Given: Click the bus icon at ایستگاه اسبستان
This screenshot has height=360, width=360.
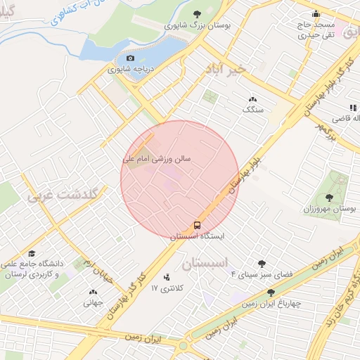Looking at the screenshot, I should coord(197,225).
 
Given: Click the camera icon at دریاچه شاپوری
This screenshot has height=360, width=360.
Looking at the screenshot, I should coord(130,58).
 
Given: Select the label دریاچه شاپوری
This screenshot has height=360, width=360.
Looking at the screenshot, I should coord(131,70).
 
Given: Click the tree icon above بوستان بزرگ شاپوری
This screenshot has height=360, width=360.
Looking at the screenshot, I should coord(196,13).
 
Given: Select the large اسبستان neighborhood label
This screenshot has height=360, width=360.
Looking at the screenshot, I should coord(205,264).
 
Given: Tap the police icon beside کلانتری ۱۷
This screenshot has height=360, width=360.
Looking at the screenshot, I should coord(167,277).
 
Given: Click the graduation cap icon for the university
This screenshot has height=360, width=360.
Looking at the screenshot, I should coord(31,253).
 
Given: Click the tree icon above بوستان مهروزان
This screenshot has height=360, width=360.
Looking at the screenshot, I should coord(330,198).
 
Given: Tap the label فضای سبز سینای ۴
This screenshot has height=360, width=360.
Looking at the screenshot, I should coord(262,275).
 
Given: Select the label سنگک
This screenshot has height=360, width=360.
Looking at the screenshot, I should coord(252,110).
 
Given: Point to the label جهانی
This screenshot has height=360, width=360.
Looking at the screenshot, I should coord(94,304).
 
